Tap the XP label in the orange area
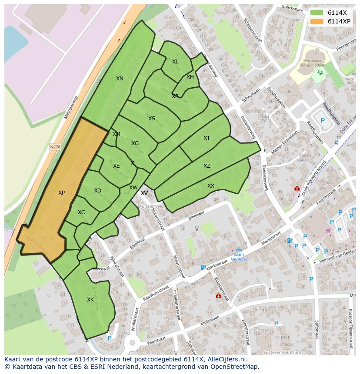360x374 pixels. pyautogui.click(x=61, y=192)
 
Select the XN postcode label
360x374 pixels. pyautogui.click(x=120, y=79)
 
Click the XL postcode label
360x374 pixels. pyautogui.click(x=175, y=62)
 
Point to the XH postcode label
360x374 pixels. pyautogui.click(x=190, y=77)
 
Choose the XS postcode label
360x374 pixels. pyautogui.click(x=151, y=119)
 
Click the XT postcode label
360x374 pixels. pyautogui.click(x=207, y=138)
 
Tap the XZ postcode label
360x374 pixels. pyautogui.click(x=207, y=166)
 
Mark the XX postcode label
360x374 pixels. pyautogui.click(x=210, y=186)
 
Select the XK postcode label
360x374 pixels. pyautogui.click(x=90, y=300)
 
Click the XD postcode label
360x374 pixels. pyautogui.click(x=97, y=191)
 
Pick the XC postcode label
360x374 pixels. pyautogui.click(x=81, y=212)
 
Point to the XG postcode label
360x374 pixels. pyautogui.click(x=135, y=143)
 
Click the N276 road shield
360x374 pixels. pyautogui.click(x=55, y=147)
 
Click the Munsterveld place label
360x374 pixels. pyautogui.click(x=151, y=206)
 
